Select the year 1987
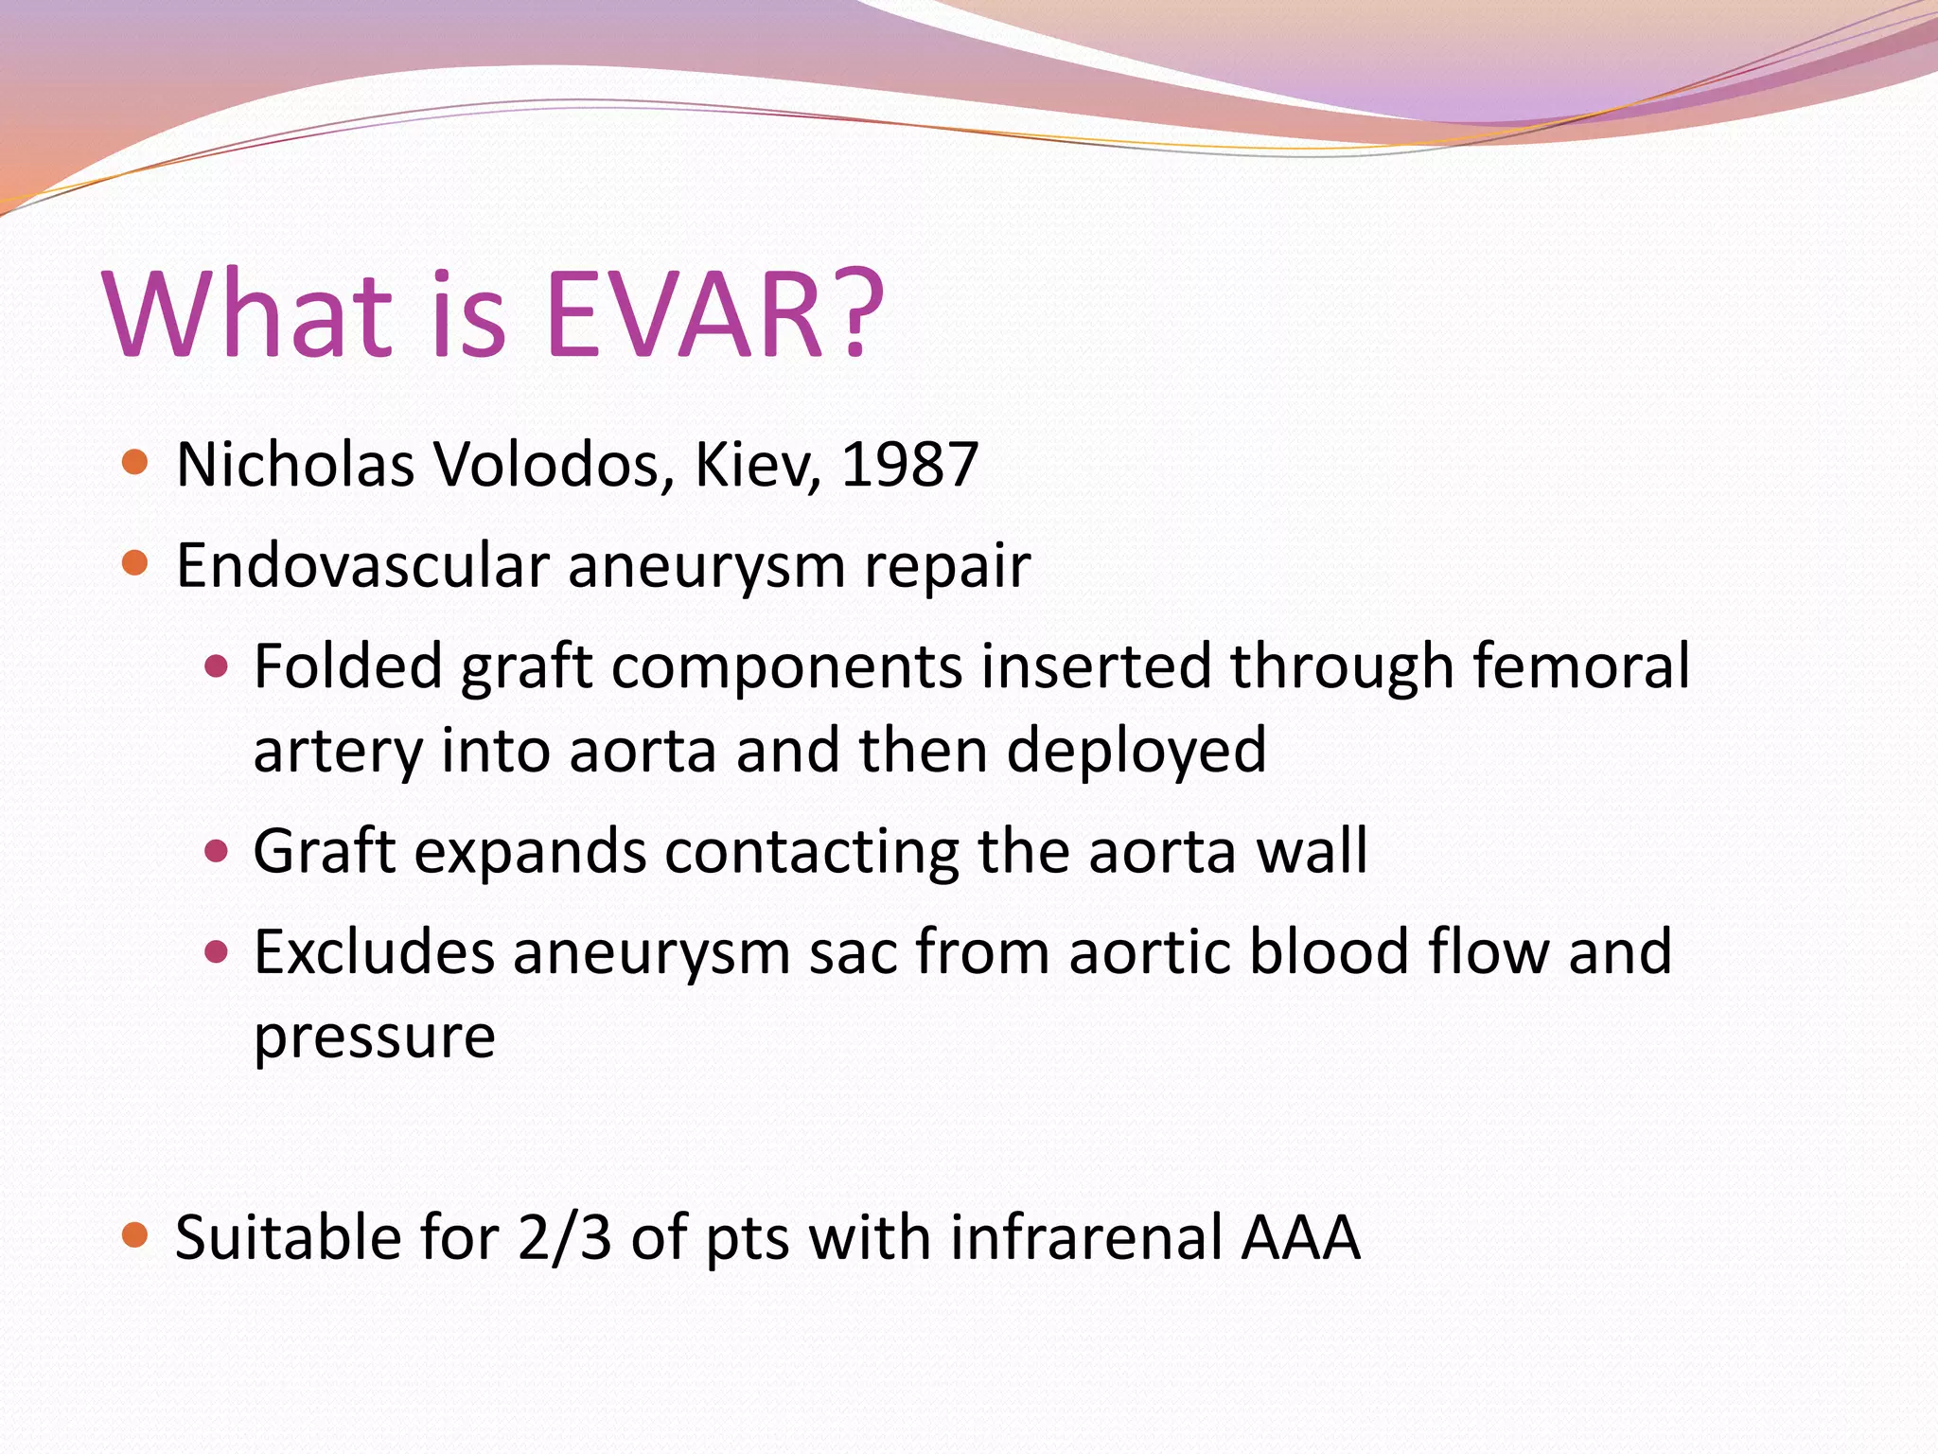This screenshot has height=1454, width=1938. tap(909, 465)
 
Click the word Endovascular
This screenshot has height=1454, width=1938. tap(362, 566)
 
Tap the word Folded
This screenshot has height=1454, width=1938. tap(347, 665)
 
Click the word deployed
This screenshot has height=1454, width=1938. tap(1136, 751)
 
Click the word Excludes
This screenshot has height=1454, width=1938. tap(374, 951)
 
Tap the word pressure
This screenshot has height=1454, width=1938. tap(375, 1037)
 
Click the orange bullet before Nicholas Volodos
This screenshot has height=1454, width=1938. tap(135, 463)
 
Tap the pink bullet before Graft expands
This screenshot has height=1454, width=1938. tap(217, 850)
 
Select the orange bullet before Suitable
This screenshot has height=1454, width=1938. tap(135, 1235)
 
